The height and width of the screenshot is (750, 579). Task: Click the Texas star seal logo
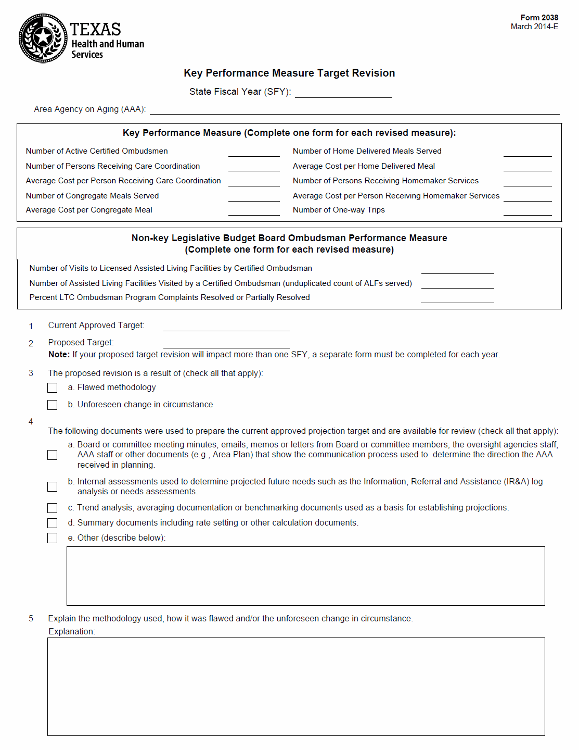[43, 38]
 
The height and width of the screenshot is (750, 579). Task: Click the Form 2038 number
[539, 18]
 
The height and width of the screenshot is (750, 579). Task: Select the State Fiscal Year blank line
[343, 93]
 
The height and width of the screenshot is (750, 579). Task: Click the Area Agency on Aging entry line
[354, 110]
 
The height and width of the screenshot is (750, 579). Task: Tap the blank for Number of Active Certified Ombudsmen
[254, 152]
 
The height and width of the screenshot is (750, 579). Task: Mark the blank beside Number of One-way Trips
[527, 211]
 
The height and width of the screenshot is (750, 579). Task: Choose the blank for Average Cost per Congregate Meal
[254, 211]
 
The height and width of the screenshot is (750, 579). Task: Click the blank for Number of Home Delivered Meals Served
[527, 152]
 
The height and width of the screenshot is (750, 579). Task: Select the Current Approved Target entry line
[226, 327]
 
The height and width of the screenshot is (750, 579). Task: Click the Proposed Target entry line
[226, 344]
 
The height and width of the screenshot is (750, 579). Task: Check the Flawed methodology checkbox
[53, 388]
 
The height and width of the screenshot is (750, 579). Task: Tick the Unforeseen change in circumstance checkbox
[53, 405]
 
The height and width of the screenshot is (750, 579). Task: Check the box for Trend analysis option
[53, 508]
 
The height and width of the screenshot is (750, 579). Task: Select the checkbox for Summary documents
[53, 523]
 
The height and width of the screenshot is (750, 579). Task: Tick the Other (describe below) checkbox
[53, 538]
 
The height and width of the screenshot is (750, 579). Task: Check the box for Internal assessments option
[53, 486]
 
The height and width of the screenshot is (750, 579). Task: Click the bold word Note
[59, 355]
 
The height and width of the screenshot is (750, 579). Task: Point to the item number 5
[31, 619]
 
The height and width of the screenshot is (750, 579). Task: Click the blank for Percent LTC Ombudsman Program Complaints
[457, 298]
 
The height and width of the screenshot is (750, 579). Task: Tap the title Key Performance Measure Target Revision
[289, 73]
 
